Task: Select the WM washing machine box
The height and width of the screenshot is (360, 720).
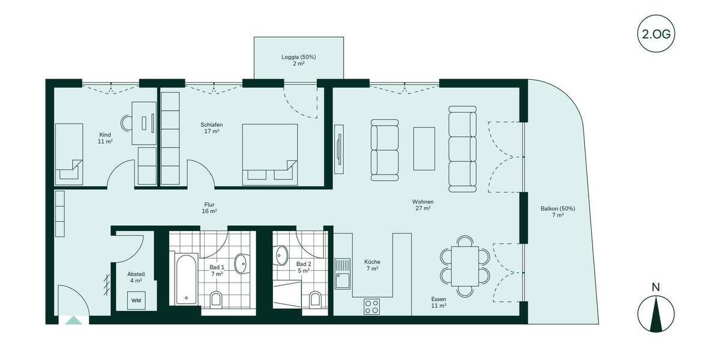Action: click(x=136, y=300)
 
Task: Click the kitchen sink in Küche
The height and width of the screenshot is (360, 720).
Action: click(x=343, y=272)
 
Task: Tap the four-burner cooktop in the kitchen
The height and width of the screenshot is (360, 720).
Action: click(x=372, y=307)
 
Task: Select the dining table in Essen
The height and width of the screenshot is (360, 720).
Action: click(x=465, y=266)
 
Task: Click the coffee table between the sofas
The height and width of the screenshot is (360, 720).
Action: click(x=424, y=148)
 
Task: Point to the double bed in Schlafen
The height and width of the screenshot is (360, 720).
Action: click(x=270, y=154)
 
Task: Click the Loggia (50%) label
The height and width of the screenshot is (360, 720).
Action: click(x=298, y=60)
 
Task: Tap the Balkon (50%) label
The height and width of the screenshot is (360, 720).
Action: click(x=557, y=211)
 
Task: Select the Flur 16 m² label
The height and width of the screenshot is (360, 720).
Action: click(x=209, y=208)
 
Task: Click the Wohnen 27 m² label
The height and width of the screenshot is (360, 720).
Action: click(x=422, y=205)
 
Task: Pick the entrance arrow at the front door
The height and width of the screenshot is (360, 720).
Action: click(x=73, y=320)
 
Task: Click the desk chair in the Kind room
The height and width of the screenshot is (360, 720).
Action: click(x=127, y=123)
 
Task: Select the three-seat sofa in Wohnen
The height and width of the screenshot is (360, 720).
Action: click(x=463, y=149)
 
